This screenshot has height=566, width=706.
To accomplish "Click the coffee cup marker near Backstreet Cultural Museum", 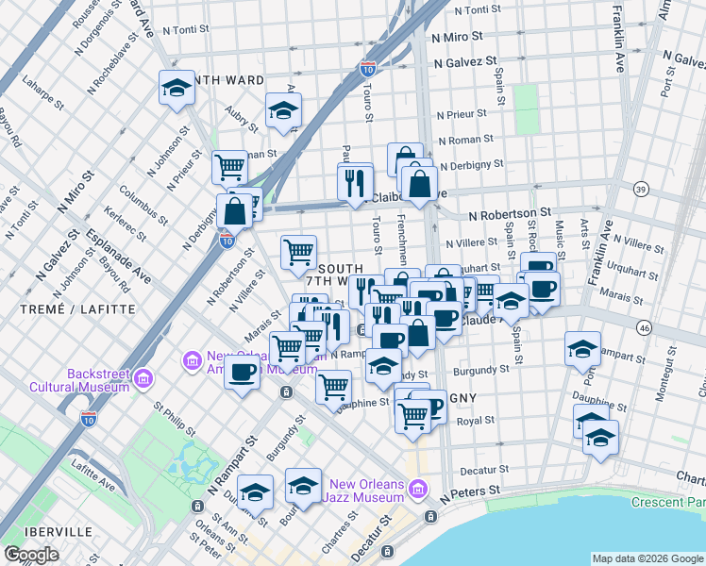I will pyautogui.click(x=242, y=374).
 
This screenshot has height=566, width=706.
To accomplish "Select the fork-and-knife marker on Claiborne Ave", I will pyautogui.click(x=355, y=180).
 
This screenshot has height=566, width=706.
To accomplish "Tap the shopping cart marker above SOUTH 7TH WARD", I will pyautogui.click(x=298, y=251).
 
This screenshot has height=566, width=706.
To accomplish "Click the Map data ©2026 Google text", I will pyautogui.click(x=647, y=558).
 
